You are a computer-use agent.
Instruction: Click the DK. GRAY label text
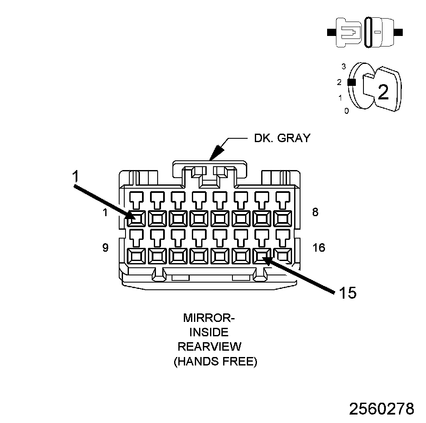click(282, 138)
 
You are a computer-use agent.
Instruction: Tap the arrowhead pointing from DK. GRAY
click(217, 153)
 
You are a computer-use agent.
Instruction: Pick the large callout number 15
click(347, 293)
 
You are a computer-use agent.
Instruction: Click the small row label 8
click(315, 212)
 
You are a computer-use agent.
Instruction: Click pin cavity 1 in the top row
click(137, 218)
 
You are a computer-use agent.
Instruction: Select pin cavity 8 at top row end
click(283, 218)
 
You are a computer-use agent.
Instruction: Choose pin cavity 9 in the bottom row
click(137, 255)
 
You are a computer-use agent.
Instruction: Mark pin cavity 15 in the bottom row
click(262, 255)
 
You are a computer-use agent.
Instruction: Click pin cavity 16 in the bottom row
click(283, 255)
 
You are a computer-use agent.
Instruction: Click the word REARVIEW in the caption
click(209, 346)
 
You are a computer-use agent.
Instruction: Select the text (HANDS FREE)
click(215, 361)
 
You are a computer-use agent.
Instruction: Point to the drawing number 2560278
click(381, 409)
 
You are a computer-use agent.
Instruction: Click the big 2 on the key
click(383, 92)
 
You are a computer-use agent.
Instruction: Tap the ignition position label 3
click(344, 66)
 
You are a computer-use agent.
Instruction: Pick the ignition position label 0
click(347, 111)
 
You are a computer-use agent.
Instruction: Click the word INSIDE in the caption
click(209, 332)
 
